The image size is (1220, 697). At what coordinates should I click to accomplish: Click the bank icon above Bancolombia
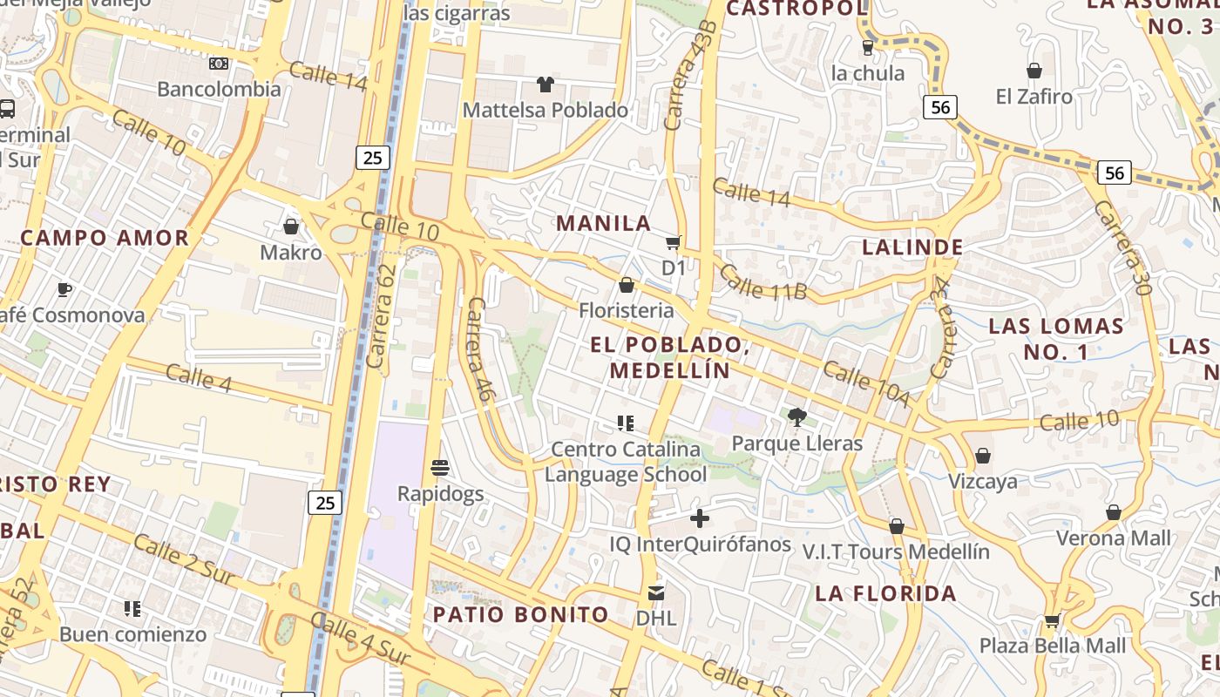tap(219, 64)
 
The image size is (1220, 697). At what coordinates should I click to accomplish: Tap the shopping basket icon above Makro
tap(291, 227)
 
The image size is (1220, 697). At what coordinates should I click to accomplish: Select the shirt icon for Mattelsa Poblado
tap(546, 85)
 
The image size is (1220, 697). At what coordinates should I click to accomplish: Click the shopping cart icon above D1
tap(673, 242)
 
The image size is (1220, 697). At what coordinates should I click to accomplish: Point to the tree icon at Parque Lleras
tap(796, 417)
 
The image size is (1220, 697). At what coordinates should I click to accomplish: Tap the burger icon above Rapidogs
tap(440, 468)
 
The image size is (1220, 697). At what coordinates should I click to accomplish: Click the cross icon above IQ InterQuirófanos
tap(699, 519)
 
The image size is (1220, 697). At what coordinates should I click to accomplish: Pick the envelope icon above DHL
tap(656, 593)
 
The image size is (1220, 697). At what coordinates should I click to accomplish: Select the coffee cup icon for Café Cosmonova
tap(64, 289)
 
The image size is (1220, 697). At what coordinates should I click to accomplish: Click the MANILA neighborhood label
tap(604, 223)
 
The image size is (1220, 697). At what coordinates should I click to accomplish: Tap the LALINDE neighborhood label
tap(912, 247)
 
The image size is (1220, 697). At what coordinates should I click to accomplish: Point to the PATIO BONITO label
tap(521, 614)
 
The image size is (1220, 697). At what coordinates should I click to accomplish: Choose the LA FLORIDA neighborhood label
tap(885, 594)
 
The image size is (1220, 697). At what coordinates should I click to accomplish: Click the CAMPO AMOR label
tap(105, 238)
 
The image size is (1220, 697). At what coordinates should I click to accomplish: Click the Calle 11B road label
tap(762, 281)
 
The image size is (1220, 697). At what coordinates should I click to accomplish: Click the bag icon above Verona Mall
tap(1113, 512)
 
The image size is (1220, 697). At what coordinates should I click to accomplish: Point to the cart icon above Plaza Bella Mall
tap(1052, 621)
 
